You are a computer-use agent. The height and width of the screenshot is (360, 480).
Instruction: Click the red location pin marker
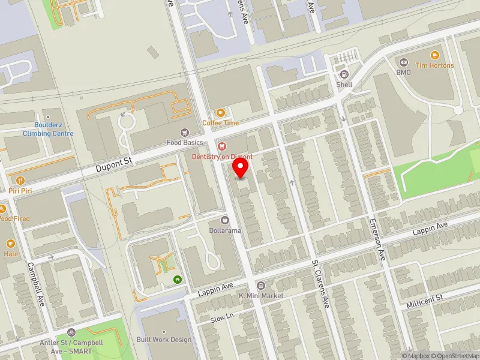pos(241,167)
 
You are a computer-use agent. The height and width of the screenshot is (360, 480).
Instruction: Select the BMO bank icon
pos(403,62)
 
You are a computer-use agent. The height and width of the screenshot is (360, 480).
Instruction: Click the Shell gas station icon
pos(344,74)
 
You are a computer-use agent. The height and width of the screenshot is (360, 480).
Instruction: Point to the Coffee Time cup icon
pos(220,113)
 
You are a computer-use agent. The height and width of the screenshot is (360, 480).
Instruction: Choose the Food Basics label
pos(185,142)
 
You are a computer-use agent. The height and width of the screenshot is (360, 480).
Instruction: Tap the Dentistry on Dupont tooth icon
pos(221,145)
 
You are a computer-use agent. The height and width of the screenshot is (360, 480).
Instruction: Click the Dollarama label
pos(225,230)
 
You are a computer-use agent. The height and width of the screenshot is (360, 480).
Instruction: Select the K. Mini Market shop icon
pos(260,286)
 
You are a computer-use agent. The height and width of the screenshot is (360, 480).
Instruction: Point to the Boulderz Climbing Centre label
pos(48,130)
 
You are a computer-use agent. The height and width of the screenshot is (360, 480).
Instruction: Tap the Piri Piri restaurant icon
pos(20,180)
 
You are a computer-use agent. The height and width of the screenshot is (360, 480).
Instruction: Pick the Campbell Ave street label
pos(36,284)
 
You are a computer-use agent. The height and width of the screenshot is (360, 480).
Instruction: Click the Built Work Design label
pos(164,340)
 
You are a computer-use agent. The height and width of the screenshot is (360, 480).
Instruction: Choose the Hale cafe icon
pos(11,244)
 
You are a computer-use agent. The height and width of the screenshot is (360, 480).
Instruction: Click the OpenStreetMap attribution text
pos(454,355)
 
